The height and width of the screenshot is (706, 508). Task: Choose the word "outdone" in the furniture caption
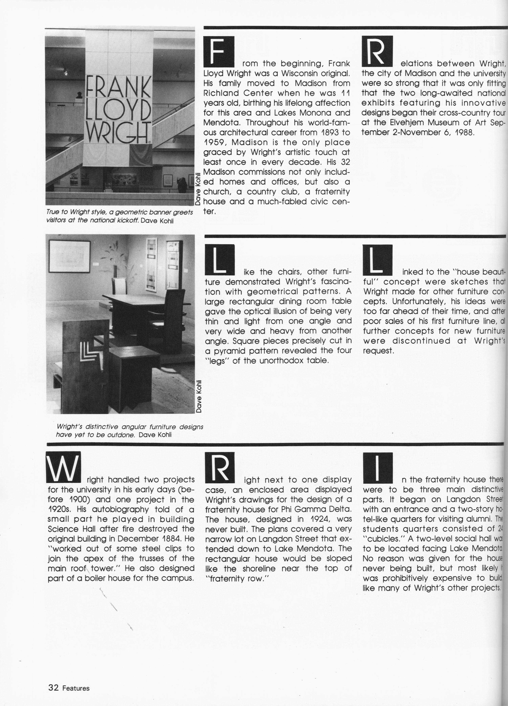(x=121, y=435)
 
